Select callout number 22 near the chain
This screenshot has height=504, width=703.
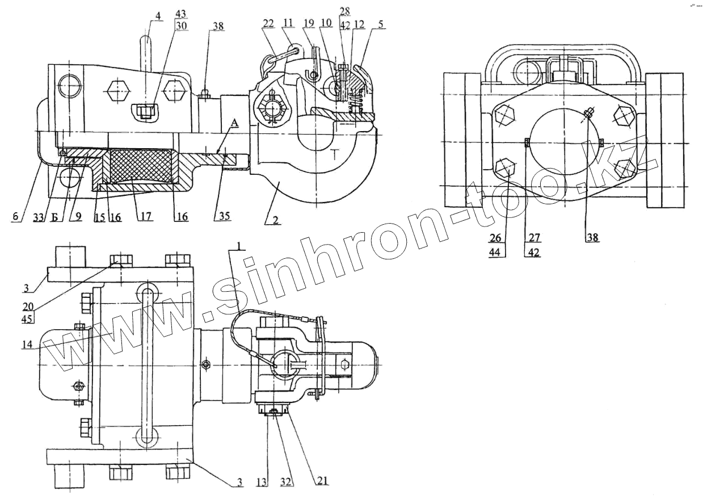click(269, 23)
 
